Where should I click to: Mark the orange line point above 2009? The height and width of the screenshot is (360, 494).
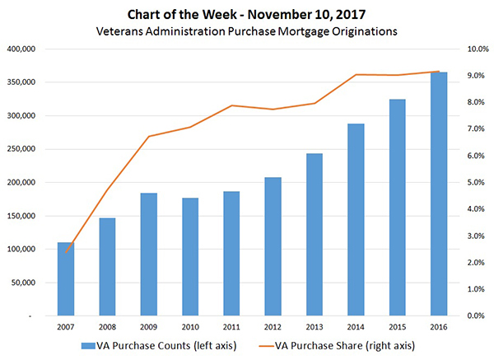click(x=149, y=136)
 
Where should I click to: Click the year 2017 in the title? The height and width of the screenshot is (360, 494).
click(x=348, y=14)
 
